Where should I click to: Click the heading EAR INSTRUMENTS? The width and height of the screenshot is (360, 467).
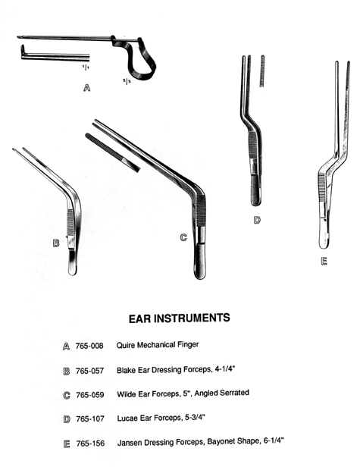pyautogui.click(x=180, y=318)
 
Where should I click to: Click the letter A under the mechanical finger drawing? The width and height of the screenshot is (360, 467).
pyautogui.click(x=86, y=88)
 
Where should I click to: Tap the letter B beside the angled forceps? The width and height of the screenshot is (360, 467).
pyautogui.click(x=55, y=243)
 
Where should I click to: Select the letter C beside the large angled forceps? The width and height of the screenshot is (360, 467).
pyautogui.click(x=183, y=237)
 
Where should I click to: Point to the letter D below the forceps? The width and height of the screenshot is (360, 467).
pyautogui.click(x=257, y=220)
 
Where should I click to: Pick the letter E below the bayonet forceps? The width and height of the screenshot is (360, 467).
pyautogui.click(x=324, y=262)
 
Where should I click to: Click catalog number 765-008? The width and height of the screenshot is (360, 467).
pyautogui.click(x=89, y=346)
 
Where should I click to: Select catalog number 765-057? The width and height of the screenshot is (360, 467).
pyautogui.click(x=89, y=371)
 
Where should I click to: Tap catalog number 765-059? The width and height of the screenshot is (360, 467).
pyautogui.click(x=90, y=395)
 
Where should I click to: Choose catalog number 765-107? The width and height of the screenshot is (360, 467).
pyautogui.click(x=90, y=418)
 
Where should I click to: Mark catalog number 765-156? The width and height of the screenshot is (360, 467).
pyautogui.click(x=90, y=443)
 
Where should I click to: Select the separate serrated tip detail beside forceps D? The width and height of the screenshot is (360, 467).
pyautogui.click(x=262, y=71)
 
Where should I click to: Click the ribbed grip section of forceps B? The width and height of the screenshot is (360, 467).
pyautogui.click(x=70, y=222)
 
